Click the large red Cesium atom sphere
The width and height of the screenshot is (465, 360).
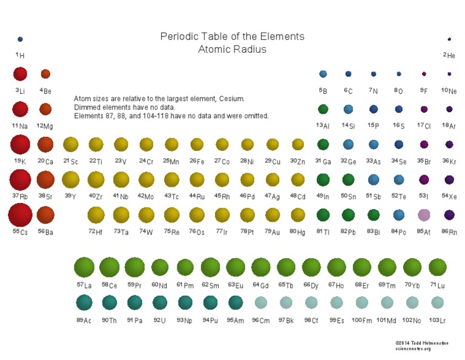click(x=20, y=215)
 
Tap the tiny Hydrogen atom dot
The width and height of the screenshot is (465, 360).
click(x=20, y=39)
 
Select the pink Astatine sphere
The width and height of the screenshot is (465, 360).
click(x=424, y=215)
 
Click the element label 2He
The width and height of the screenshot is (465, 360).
click(x=449, y=55)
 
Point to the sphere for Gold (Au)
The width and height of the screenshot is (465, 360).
click(x=272, y=215)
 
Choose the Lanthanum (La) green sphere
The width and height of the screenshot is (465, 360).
click(x=84, y=267)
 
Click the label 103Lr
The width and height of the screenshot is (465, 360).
click(x=437, y=320)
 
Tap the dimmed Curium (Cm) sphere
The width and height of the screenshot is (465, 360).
click(x=260, y=302)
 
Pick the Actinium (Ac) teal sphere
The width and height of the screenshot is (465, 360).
click(x=84, y=302)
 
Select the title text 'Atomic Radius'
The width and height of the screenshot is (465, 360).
click(x=232, y=50)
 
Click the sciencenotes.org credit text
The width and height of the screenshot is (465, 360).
click(x=413, y=348)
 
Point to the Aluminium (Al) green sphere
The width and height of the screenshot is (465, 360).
click(x=323, y=109)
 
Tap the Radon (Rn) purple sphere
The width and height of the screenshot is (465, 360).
click(x=449, y=215)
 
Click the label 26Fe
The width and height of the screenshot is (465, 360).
click(x=196, y=161)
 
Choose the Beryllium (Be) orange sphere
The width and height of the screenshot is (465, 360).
click(x=45, y=74)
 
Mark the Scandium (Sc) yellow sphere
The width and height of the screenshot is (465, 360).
click(x=70, y=144)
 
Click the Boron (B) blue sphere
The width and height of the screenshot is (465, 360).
click(x=323, y=74)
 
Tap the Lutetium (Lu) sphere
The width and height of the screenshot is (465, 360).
click(x=437, y=267)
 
